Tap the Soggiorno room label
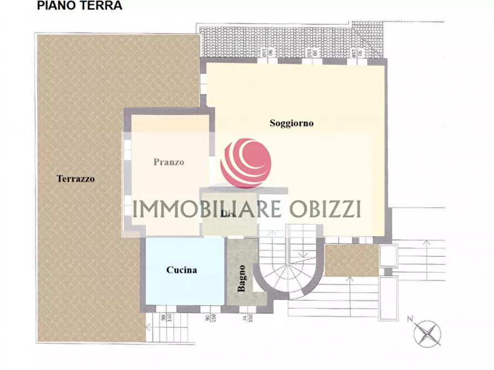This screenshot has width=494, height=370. [x=292, y=123]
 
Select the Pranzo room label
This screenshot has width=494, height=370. [x=169, y=162]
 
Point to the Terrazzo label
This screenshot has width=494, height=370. [x=76, y=179]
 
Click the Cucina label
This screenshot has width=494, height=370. [x=181, y=270]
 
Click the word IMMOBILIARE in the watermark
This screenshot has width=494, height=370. [x=207, y=209]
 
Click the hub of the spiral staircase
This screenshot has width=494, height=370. [x=288, y=265]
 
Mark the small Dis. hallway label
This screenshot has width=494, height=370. [x=226, y=214]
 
